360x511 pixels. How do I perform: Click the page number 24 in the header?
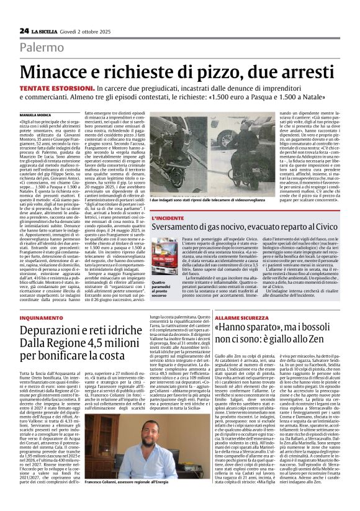click(24, 30)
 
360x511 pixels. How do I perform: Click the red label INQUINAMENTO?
click(41, 317)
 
